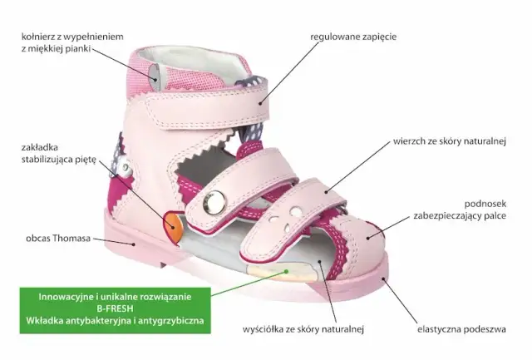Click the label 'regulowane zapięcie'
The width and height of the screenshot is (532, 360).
coord(353,37)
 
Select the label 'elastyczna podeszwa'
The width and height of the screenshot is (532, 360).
coord(461,329)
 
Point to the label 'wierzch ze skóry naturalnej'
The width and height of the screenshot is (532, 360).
coord(450,141)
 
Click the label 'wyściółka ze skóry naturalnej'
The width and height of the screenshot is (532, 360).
coord(303,329)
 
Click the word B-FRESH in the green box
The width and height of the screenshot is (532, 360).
coord(115,308)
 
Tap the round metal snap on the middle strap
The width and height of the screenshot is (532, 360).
coord(214,203)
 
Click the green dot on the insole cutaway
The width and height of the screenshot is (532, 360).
coord(287,271)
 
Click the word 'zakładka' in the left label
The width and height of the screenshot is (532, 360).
coord(40,147)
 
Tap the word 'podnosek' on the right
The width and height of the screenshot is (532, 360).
coord(485,204)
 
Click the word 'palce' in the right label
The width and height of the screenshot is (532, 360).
coord(495,216)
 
